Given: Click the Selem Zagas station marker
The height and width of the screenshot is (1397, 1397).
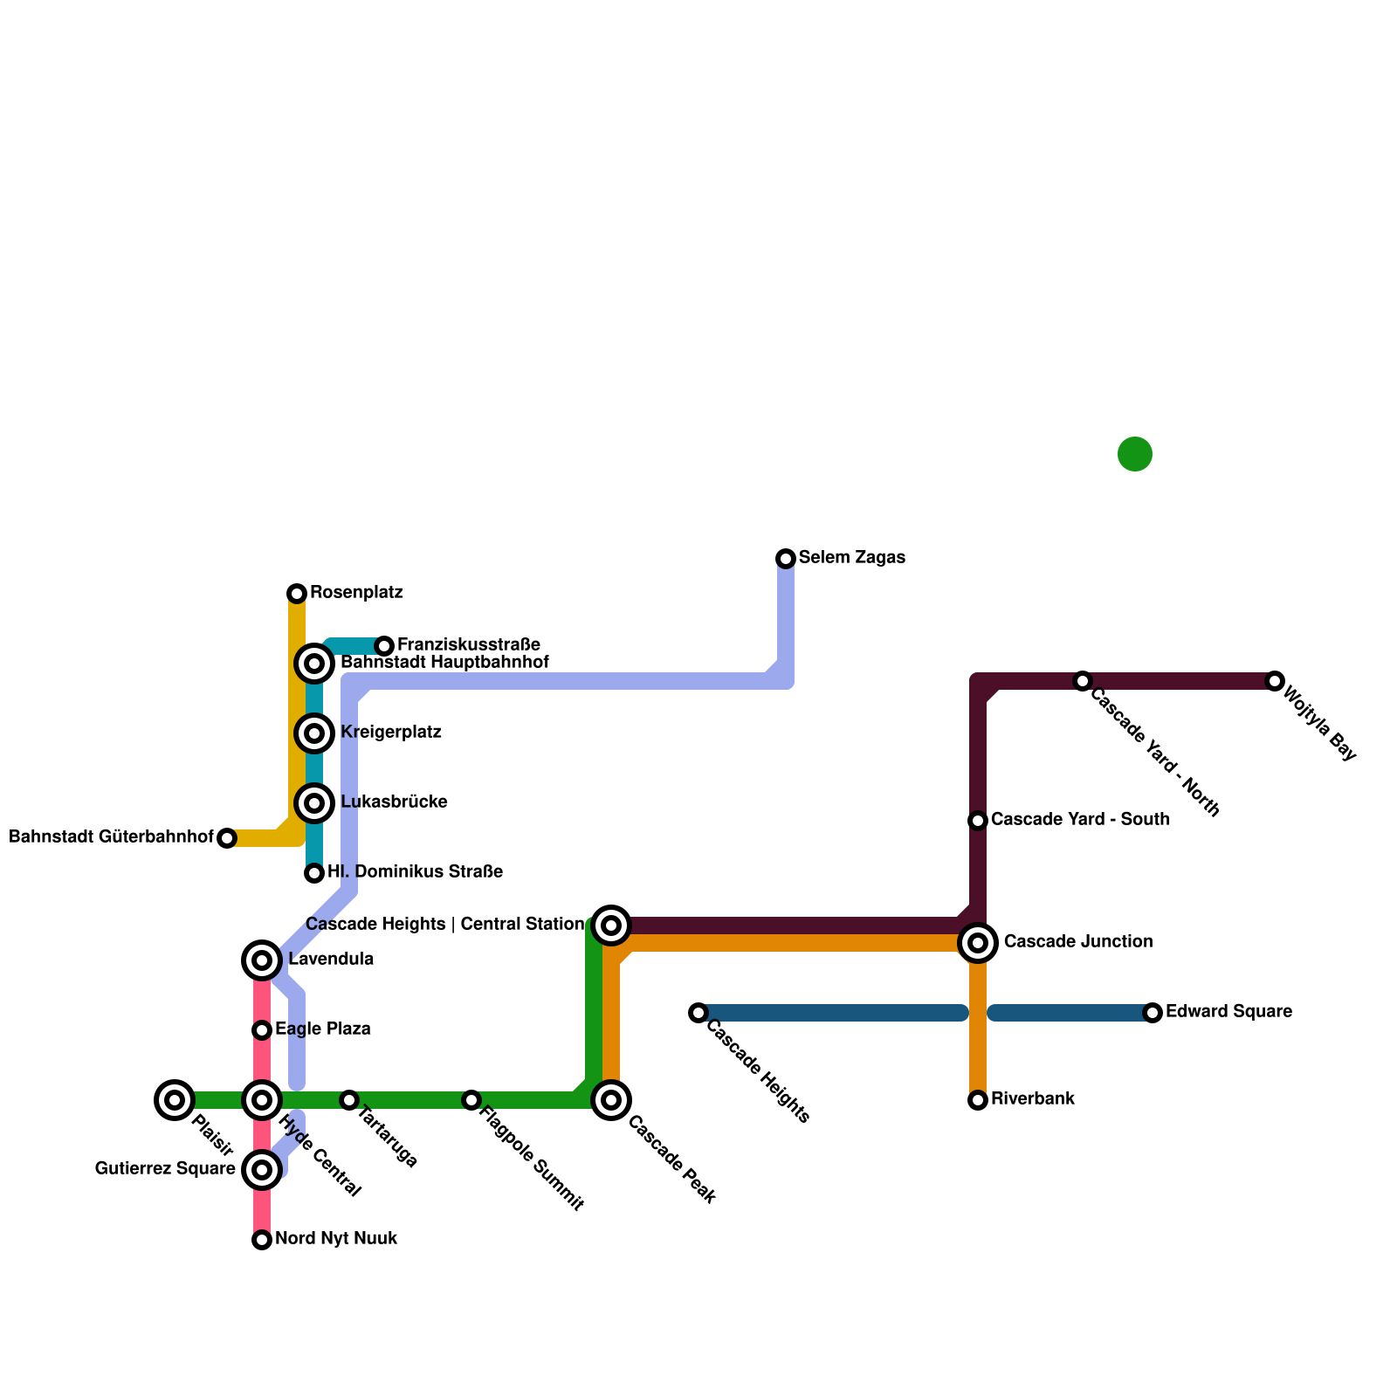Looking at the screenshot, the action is point(786,558).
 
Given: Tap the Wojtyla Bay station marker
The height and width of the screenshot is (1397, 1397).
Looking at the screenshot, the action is point(1275,681).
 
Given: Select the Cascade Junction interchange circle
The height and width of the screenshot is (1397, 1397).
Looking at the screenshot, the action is point(978,942).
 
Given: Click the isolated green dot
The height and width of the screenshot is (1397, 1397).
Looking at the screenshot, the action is point(1135,454).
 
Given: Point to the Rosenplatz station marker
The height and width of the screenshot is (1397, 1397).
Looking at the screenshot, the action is point(297,594).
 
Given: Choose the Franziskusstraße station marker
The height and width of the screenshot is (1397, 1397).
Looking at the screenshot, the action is point(384,646).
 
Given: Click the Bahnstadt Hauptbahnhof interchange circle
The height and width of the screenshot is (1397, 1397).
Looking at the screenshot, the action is point(314,664).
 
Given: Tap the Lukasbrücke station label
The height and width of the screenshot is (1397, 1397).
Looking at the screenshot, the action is point(394,802).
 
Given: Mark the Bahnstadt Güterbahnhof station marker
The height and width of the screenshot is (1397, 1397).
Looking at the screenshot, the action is point(227,838).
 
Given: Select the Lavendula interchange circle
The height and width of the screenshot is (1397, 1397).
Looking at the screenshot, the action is point(262,960).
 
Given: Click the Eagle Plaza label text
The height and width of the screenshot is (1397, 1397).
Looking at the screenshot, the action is point(322,1029).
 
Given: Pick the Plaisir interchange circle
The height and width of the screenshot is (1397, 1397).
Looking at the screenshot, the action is point(175,1100).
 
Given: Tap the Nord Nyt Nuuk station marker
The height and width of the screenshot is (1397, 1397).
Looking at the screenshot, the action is point(262,1240).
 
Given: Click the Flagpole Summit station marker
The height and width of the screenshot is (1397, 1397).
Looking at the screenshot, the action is point(471,1100).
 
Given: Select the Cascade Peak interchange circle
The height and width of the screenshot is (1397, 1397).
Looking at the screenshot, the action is point(611,1100).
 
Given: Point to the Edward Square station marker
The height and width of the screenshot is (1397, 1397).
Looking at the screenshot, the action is point(1153,1013).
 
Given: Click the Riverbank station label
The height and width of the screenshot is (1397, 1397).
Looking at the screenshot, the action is point(1032,1099).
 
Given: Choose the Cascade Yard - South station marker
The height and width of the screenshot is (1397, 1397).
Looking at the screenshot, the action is point(978,821).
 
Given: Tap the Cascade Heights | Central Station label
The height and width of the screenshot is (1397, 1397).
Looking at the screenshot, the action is point(444,925).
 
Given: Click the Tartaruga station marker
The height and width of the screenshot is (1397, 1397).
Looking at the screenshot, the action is point(349,1100).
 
